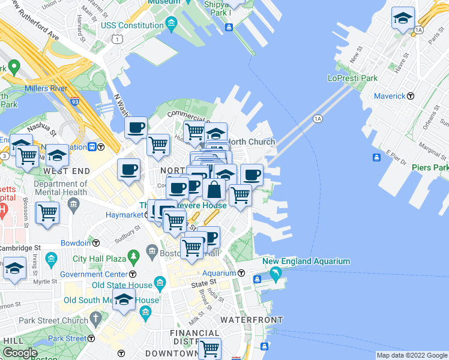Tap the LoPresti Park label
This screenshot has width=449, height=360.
tap(352, 78)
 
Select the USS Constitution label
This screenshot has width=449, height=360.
tap(132, 25)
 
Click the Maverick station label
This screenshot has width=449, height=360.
tap(390, 96)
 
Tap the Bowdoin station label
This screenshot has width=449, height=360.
tap(76, 243)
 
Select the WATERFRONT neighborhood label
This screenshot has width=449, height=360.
tap(251, 320)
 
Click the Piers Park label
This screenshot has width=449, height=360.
tap(430, 167)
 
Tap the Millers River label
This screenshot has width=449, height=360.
tap(46, 89)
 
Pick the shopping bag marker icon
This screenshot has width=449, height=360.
tap(214, 190)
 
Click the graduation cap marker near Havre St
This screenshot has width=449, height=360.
tap(402, 19)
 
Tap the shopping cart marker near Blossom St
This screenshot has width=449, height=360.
tap(47, 213)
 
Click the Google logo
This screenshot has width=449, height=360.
tap(20, 353)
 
